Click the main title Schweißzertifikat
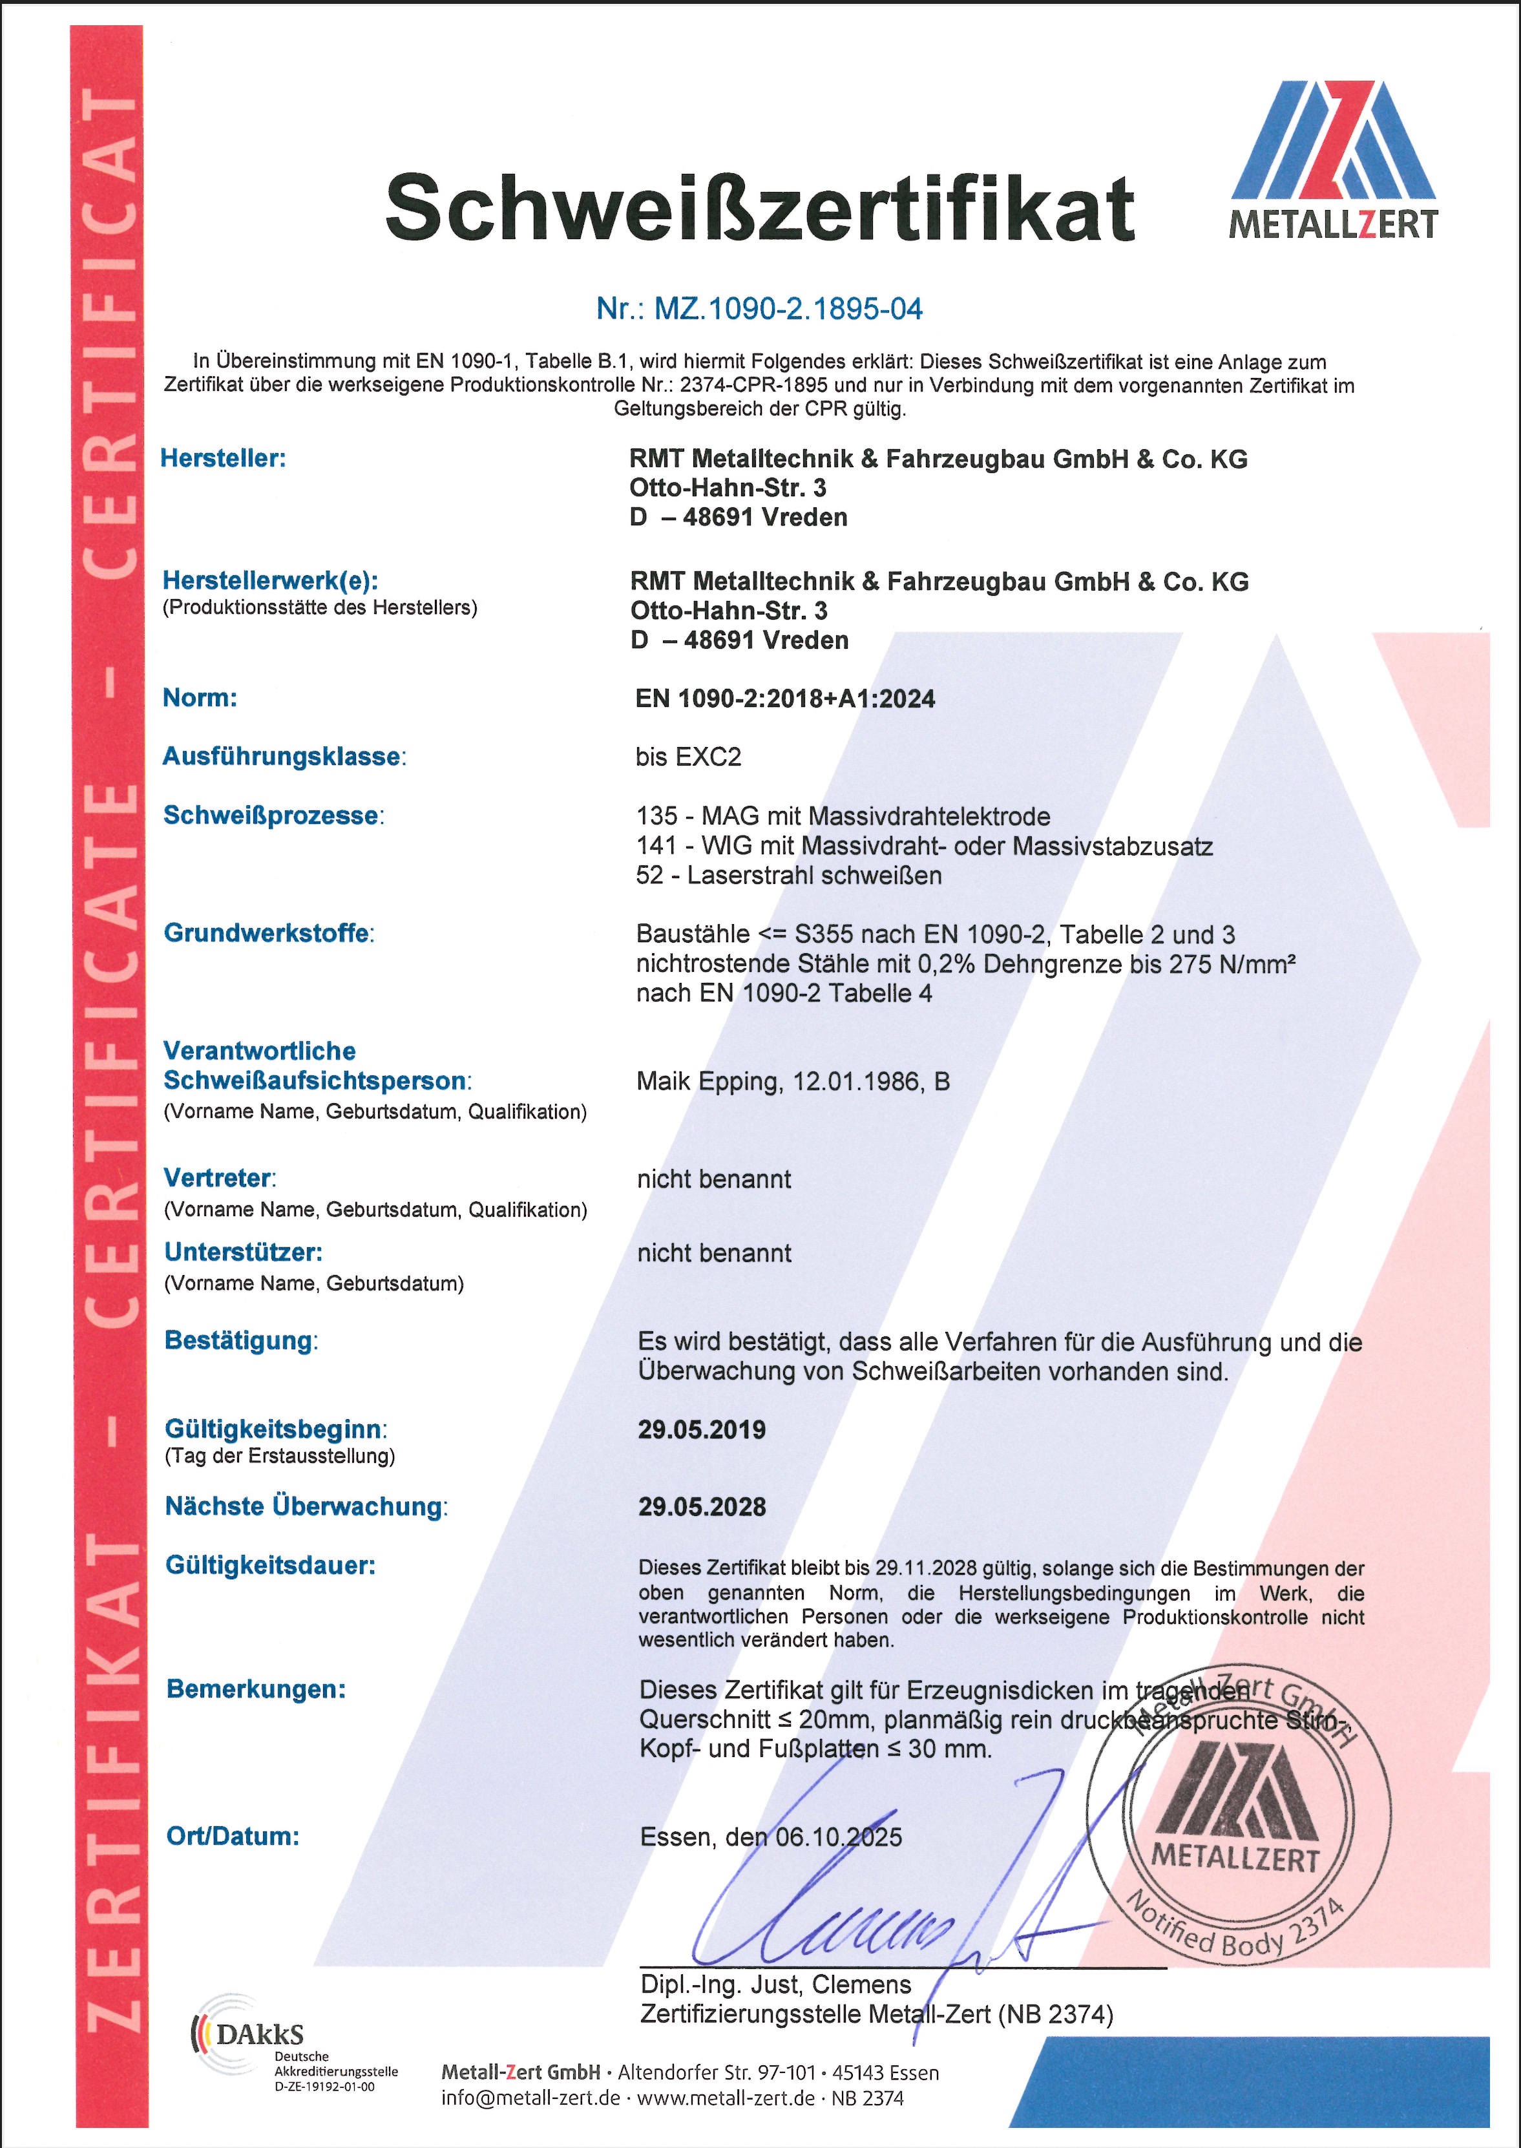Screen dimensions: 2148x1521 pyautogui.click(x=760, y=208)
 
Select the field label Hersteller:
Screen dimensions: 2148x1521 pyautogui.click(x=223, y=458)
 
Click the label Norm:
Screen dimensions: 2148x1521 pyautogui.click(x=200, y=697)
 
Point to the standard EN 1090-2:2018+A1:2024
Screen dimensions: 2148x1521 pyautogui.click(x=785, y=699)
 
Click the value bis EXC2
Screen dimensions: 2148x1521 pyautogui.click(x=688, y=757)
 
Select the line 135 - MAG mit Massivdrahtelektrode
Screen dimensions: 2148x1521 pyautogui.click(x=843, y=816)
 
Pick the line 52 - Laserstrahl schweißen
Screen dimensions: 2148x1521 pyautogui.click(x=788, y=875)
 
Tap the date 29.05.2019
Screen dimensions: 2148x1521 pyautogui.click(x=702, y=1429)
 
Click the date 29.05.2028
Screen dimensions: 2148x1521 pyautogui.click(x=702, y=1506)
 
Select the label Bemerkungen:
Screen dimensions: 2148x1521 pyautogui.click(x=256, y=1689)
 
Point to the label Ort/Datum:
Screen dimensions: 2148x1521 pyautogui.click(x=232, y=1835)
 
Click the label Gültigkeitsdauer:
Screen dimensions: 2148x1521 pyautogui.click(x=269, y=1565)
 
